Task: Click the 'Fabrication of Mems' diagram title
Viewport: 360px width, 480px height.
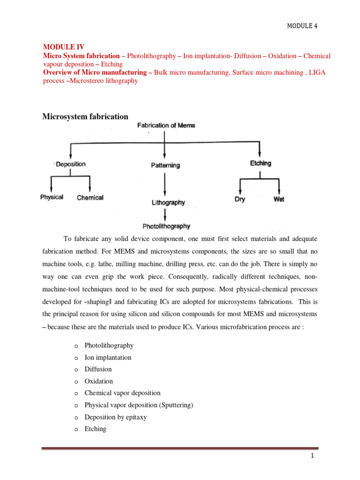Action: pos(166,126)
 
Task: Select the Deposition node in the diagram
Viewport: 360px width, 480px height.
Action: pos(71,164)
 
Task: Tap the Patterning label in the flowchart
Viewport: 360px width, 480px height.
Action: pos(165,165)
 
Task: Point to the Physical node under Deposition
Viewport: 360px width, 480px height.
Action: pos(52,197)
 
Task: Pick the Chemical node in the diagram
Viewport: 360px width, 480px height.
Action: pos(90,198)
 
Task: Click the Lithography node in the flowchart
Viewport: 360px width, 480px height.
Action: pos(168,203)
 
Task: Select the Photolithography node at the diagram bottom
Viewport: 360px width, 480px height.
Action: pos(166,226)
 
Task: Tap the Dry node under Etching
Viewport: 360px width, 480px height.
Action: pos(240,199)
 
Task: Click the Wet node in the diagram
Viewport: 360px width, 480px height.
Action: pos(279,199)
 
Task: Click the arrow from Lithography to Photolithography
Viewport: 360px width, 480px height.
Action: pos(165,214)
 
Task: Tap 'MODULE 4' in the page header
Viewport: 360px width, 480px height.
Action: pos(302,26)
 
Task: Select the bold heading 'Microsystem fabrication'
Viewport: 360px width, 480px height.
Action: pos(85,117)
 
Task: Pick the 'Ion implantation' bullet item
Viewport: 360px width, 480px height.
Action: pos(108,357)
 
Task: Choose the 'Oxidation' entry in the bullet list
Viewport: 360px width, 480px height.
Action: pos(98,381)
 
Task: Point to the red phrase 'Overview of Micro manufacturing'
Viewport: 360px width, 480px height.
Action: pos(94,72)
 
